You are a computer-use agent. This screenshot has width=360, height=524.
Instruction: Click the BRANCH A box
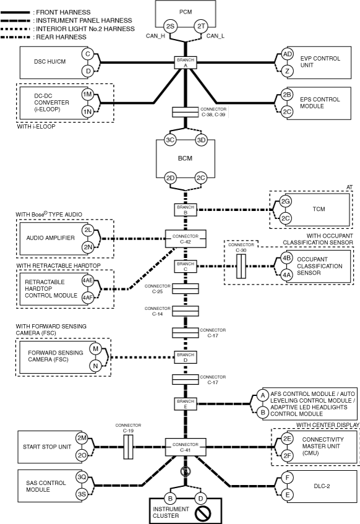pos(186,62)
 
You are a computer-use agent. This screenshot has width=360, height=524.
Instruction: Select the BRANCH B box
pos(186,210)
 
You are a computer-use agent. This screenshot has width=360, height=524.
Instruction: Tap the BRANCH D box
pos(186,357)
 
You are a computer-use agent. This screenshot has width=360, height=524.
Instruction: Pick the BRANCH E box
pos(186,404)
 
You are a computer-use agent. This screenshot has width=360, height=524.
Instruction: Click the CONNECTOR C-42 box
pos(186,239)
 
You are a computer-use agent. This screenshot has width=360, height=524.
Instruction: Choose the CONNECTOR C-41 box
pos(186,447)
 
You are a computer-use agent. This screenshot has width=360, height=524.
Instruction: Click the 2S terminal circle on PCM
pos(170,26)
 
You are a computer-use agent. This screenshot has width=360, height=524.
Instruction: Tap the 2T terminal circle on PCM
pos(201,26)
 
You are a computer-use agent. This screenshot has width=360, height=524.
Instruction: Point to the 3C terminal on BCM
pos(170,140)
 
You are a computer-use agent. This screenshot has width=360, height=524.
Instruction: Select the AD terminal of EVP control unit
pos(287,54)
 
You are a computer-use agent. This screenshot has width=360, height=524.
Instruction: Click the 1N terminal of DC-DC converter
pos(88,111)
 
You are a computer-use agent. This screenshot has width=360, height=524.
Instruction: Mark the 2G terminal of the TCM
pos(285,202)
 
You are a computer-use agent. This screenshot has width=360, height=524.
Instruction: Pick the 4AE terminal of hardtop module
pos(88,280)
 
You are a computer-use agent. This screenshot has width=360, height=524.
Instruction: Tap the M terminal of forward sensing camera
pos(95,349)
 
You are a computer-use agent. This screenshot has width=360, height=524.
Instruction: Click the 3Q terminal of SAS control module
pos(82,477)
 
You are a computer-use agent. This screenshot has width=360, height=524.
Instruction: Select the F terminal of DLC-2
pos(287,478)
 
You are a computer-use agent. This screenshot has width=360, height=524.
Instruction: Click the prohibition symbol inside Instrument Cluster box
pos(202,513)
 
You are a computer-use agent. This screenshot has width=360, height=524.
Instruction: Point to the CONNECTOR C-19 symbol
pos(129,447)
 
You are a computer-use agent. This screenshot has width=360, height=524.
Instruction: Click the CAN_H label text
pos(155,36)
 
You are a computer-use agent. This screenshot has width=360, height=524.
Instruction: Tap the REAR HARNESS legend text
pos(61,37)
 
